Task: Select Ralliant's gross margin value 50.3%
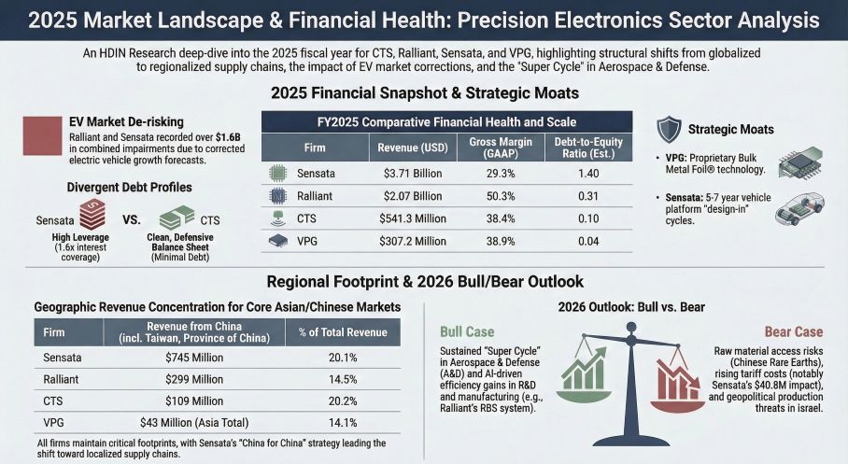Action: click(x=499, y=196)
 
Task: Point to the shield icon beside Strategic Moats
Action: click(x=669, y=129)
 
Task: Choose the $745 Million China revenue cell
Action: click(x=194, y=358)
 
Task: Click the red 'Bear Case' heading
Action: click(x=794, y=331)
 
